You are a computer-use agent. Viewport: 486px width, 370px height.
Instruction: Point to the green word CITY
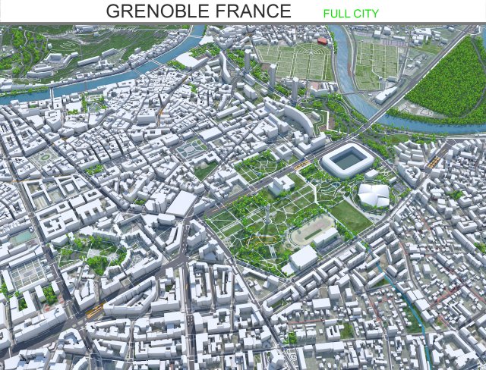click(x=365, y=14)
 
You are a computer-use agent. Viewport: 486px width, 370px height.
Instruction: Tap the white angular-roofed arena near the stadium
click(x=373, y=195)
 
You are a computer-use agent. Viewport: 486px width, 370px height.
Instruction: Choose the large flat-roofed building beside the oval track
click(x=303, y=259)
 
